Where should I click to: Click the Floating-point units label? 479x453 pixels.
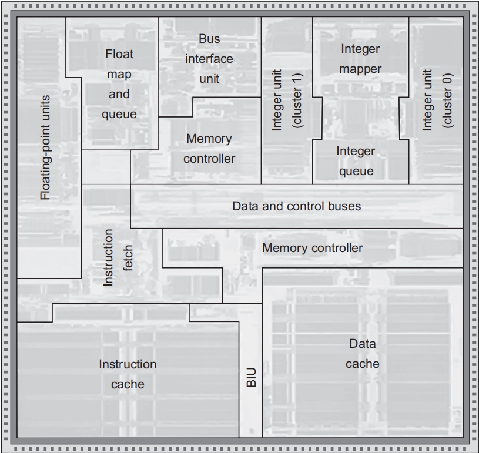[46, 147]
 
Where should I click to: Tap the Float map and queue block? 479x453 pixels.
[119, 83]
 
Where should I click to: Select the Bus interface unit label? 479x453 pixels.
[209, 59]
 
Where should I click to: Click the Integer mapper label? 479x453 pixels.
[360, 59]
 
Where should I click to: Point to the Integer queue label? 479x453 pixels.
[355, 161]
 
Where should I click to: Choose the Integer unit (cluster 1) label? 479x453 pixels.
[286, 100]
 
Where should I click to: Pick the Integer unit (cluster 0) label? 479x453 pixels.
[436, 100]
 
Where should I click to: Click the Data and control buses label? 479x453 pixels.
[296, 206]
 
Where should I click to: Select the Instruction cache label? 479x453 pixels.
[128, 374]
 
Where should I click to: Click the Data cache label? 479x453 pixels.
[362, 354]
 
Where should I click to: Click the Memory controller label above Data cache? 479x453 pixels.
[312, 247]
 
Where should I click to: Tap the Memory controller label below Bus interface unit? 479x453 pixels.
[209, 149]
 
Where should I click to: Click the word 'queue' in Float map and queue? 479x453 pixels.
[119, 114]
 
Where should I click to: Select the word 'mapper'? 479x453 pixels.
[360, 69]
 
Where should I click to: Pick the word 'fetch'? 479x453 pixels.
[128, 257]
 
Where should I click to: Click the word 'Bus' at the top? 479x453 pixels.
[209, 39]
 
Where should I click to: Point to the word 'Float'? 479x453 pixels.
[119, 54]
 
